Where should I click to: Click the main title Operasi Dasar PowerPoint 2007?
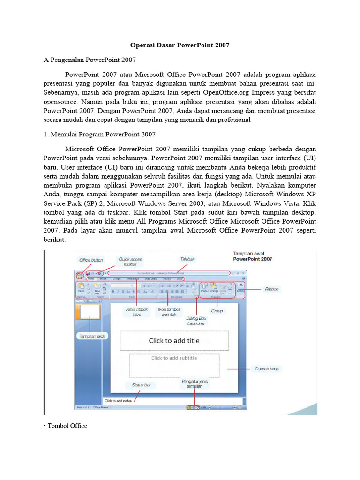[180, 46]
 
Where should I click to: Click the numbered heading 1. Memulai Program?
[99, 135]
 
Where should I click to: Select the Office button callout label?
[91, 260]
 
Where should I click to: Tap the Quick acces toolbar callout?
[130, 261]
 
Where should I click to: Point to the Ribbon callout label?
[271, 289]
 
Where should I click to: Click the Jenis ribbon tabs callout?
[137, 311]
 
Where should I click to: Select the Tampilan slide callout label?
[91, 336]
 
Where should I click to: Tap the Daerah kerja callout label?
[267, 369]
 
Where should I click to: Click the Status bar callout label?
[140, 385]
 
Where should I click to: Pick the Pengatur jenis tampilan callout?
[195, 384]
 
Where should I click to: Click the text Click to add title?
[174, 341]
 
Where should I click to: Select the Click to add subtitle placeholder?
[174, 358]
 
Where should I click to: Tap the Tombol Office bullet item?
[67, 426]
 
